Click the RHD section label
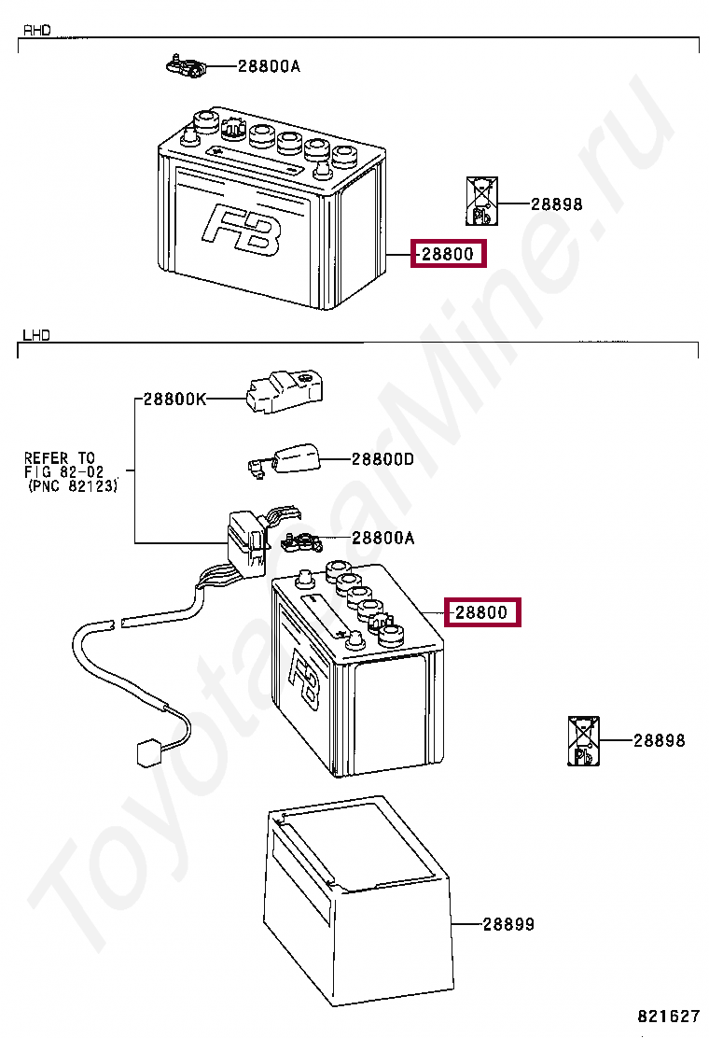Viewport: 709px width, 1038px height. (x=36, y=31)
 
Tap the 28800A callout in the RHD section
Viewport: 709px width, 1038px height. (x=269, y=66)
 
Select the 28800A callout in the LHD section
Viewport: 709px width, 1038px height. (x=382, y=539)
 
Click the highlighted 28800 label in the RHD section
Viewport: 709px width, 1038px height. (x=449, y=254)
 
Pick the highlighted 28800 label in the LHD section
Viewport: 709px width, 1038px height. (x=481, y=613)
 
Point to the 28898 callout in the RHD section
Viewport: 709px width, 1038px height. (x=556, y=203)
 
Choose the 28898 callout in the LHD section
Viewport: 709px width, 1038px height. (x=659, y=740)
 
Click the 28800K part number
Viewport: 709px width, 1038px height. (x=174, y=399)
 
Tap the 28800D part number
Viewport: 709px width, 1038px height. (x=382, y=459)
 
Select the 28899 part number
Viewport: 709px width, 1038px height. (x=508, y=924)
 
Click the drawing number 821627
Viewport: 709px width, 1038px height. (x=668, y=1016)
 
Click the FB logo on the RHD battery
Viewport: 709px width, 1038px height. (x=240, y=230)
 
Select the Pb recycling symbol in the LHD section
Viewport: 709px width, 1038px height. (x=582, y=741)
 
